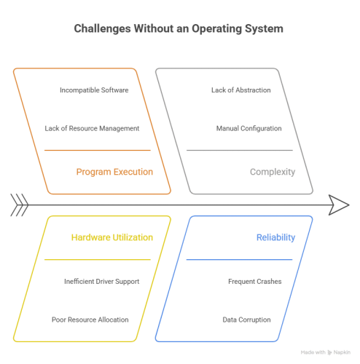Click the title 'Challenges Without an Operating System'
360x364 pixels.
pyautogui.click(x=179, y=30)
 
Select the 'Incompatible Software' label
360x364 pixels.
pyautogui.click(x=94, y=91)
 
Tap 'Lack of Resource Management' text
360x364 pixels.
pyautogui.click(x=91, y=127)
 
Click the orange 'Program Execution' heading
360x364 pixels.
pyautogui.click(x=114, y=173)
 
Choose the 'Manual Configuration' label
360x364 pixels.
pyautogui.click(x=249, y=127)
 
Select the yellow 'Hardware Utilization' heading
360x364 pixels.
pyautogui.click(x=111, y=238)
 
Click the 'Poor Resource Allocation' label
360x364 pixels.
pyautogui.click(x=90, y=320)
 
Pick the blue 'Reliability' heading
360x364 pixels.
pyautogui.click(x=275, y=238)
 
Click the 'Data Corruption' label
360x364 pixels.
pyautogui.click(x=246, y=320)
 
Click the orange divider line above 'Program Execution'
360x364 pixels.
pyautogui.click(x=97, y=151)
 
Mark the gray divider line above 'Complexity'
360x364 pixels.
pyautogui.click(x=240, y=151)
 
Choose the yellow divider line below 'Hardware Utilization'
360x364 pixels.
pyautogui.click(x=97, y=259)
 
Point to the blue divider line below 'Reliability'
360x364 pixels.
pyautogui.click(x=240, y=259)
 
